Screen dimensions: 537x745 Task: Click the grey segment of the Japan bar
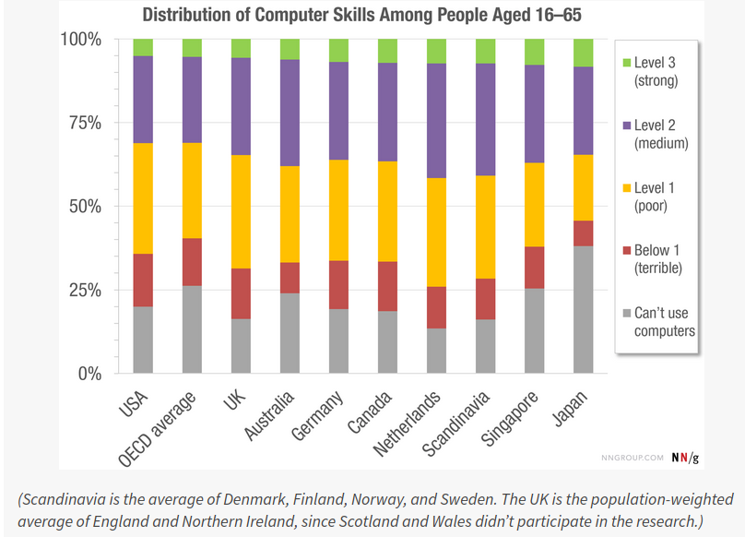584,309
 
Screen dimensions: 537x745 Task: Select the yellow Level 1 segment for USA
143,198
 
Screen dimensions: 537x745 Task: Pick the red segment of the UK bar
241,293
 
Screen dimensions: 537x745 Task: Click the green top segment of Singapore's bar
535,52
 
